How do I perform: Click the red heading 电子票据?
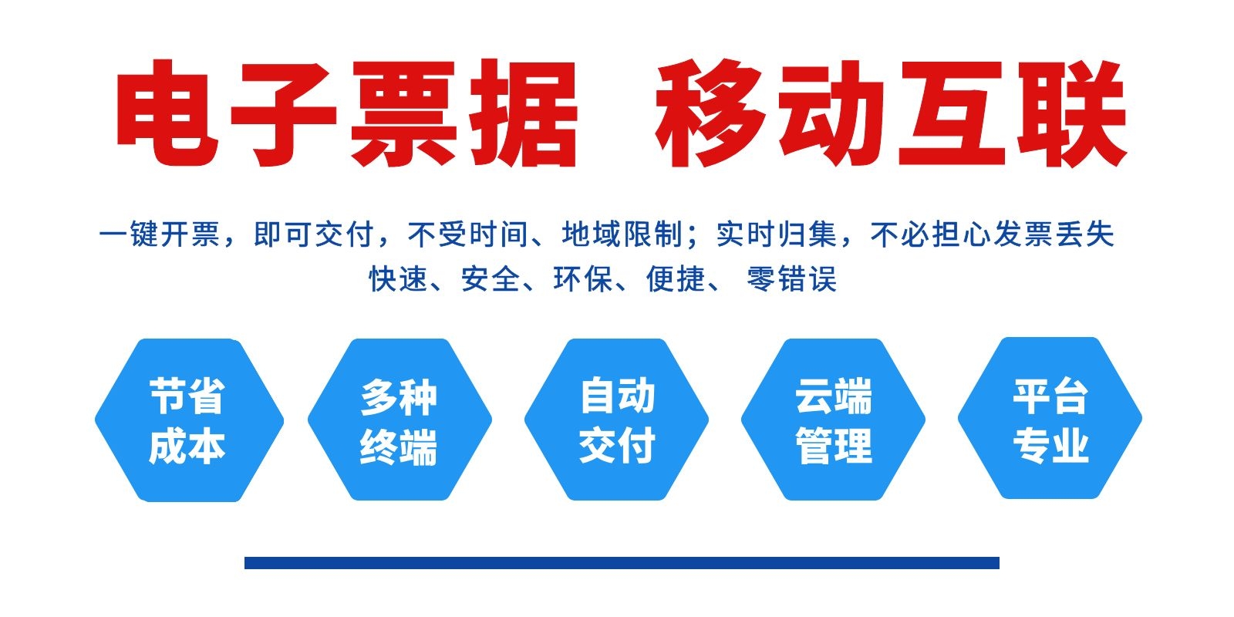click(346, 113)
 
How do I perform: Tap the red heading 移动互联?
click(891, 113)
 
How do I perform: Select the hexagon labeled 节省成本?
click(189, 420)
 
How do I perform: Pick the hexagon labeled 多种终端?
click(400, 420)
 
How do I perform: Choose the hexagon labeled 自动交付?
click(616, 420)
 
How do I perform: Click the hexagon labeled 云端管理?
click(833, 420)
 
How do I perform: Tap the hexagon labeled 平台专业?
click(1050, 418)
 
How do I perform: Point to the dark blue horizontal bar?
click(622, 562)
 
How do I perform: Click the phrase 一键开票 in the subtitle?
click(160, 234)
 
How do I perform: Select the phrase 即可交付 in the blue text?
click(313, 234)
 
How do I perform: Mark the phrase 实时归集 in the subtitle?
click(777, 234)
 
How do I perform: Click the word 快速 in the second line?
click(398, 278)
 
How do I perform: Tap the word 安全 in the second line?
click(491, 278)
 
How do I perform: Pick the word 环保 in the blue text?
click(583, 278)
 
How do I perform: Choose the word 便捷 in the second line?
click(676, 278)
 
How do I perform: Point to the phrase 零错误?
click(791, 278)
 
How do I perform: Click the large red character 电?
click(167, 113)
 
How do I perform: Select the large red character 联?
click(1072, 113)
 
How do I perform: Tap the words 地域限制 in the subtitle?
click(622, 234)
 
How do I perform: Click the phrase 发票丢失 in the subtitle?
click(1054, 234)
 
